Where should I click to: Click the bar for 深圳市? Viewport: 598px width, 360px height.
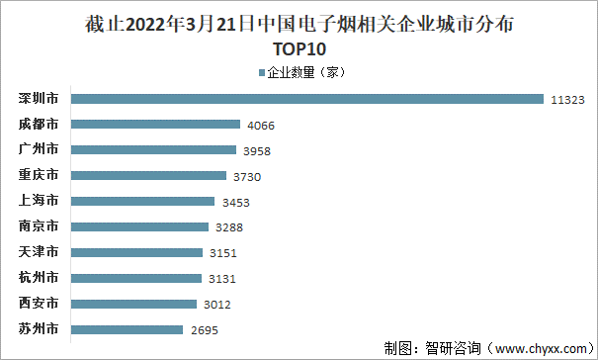(306, 99)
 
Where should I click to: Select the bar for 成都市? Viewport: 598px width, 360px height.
(155, 125)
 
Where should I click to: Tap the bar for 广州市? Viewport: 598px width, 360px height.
(153, 150)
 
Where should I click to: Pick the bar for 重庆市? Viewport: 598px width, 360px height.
(148, 175)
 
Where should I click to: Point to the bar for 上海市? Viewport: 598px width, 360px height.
(142, 201)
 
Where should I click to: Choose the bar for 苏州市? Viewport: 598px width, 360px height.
(127, 328)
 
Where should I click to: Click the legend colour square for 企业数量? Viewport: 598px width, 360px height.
(262, 72)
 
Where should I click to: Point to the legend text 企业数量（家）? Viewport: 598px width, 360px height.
(305, 72)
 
